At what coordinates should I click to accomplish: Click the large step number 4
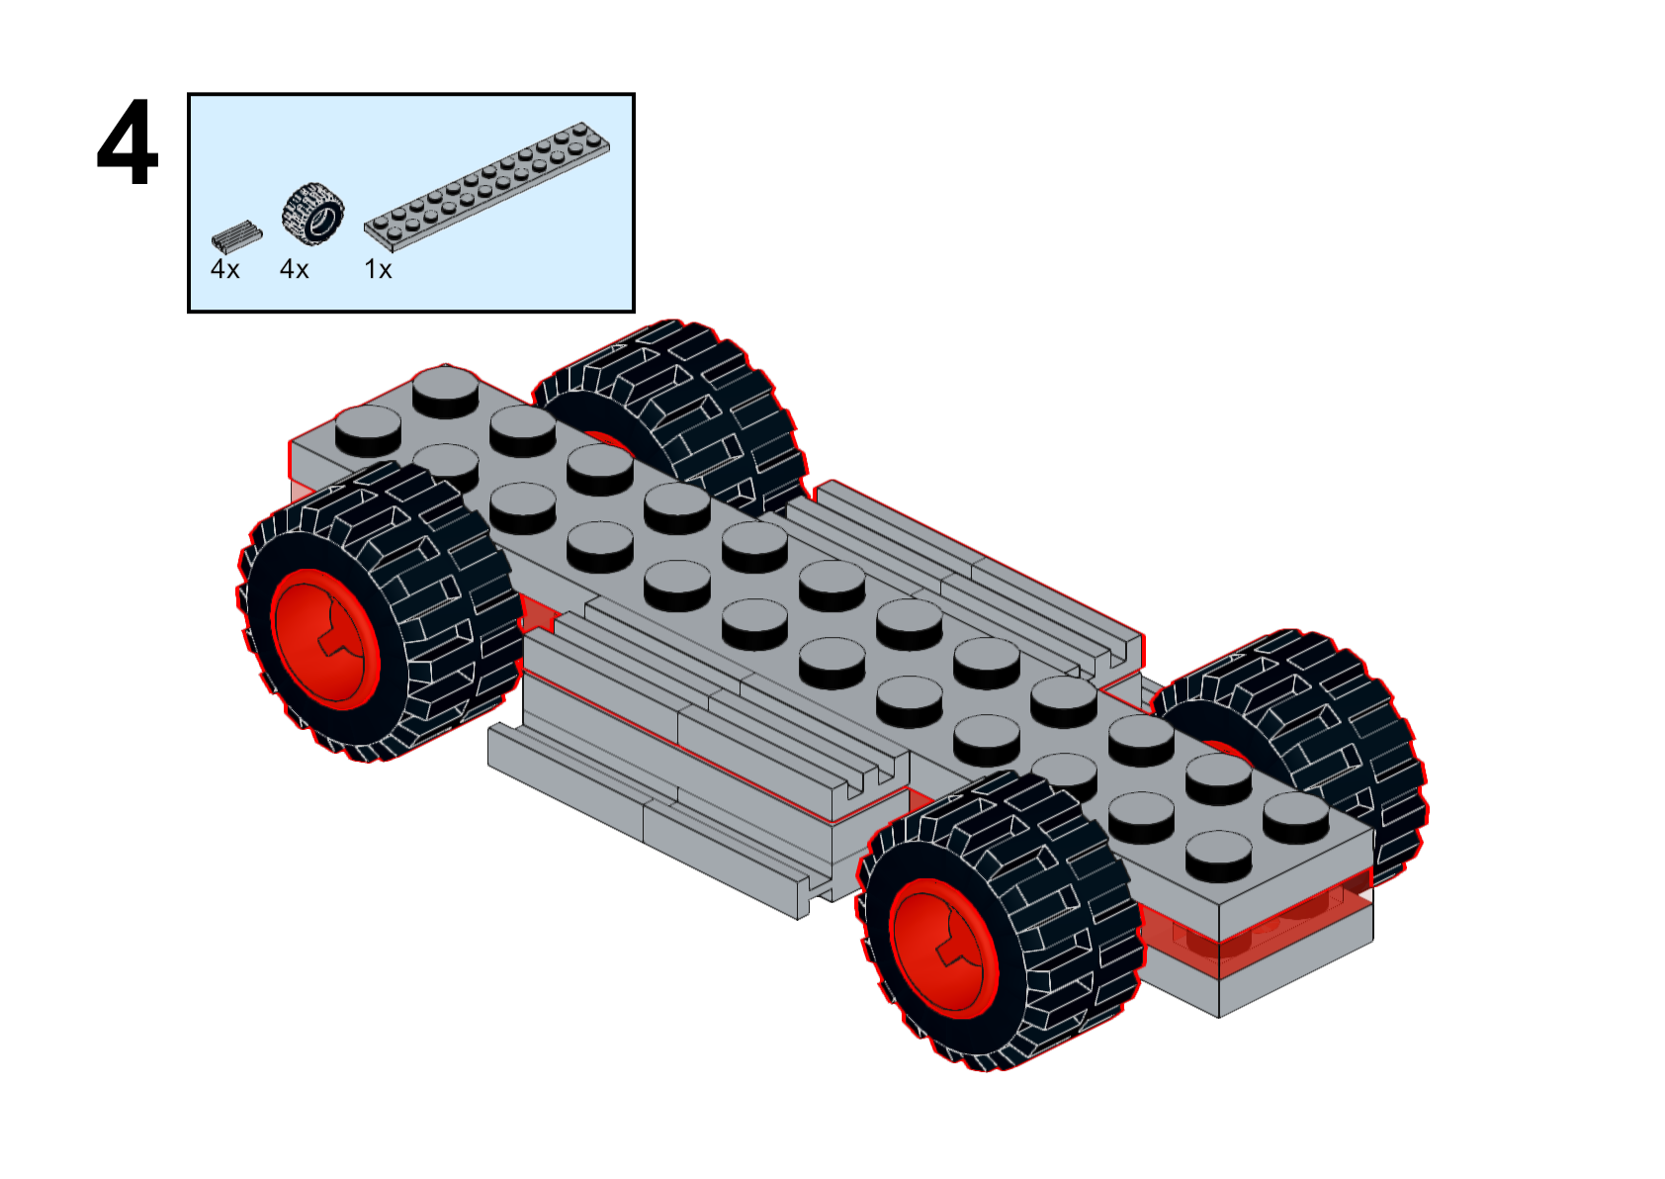128,142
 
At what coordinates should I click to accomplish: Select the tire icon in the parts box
312,212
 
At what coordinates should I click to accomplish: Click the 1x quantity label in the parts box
378,269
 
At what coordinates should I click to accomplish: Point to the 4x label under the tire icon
294,269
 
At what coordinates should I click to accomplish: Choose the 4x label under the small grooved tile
224,269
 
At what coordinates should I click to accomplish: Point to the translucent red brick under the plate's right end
1275,925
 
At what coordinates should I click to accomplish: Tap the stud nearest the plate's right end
1295,817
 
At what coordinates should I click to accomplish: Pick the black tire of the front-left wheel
435,593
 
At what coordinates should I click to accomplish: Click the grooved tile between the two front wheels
722,712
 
